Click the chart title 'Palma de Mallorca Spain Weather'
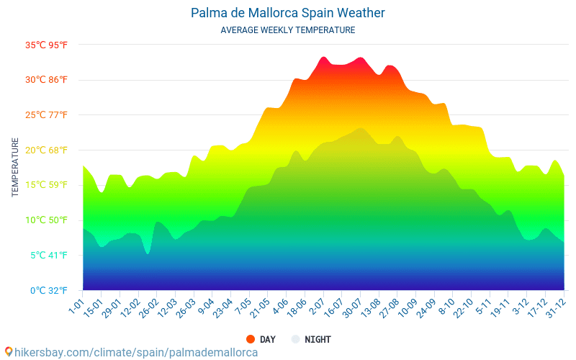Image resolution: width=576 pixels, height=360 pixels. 288,13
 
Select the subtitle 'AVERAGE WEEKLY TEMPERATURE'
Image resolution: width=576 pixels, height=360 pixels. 288,30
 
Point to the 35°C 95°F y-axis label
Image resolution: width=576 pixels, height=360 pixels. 47,45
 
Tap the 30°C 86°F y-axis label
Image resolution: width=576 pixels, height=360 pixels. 47,80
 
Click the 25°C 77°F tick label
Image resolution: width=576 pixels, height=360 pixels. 47,115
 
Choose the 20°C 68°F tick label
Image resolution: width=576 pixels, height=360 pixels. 47,150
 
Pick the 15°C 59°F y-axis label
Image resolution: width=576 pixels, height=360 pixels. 47,185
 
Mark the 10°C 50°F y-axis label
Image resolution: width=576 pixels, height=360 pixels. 47,220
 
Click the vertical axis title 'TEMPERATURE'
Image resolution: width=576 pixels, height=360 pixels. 15,168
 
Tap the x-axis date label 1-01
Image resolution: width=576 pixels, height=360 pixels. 76,302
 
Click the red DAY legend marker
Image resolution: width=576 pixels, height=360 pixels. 251,339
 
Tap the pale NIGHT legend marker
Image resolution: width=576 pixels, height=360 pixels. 295,339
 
